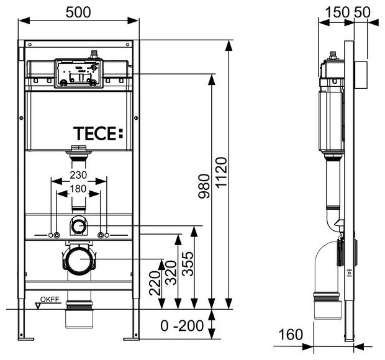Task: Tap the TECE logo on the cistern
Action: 99,133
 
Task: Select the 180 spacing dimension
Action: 79,189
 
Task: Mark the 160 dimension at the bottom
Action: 289,334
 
